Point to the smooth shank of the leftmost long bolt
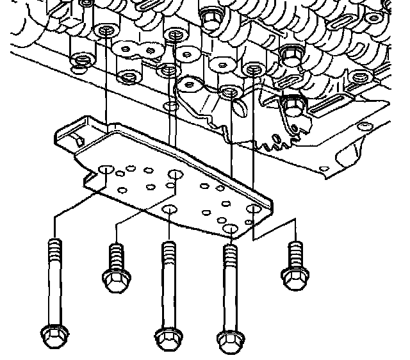pyautogui.click(x=54, y=288)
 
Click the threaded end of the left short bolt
pyautogui.click(x=116, y=254)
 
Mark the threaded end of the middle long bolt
pyautogui.click(x=168, y=249)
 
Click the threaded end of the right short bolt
pyautogui.click(x=295, y=250)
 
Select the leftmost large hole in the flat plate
pyautogui.click(x=106, y=170)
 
